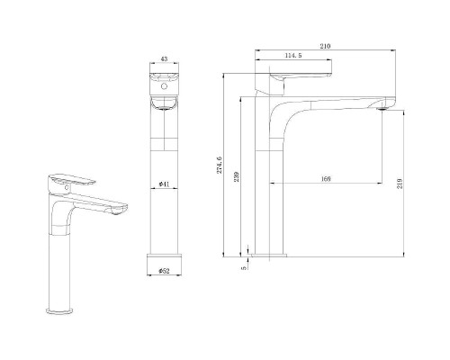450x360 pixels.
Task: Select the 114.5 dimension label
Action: pos(292,56)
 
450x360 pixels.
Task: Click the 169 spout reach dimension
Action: pos(325,180)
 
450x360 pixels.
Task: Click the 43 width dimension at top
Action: pos(164,60)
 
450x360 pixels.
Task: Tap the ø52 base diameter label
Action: pos(164,270)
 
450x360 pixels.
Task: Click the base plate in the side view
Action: pos(270,256)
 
